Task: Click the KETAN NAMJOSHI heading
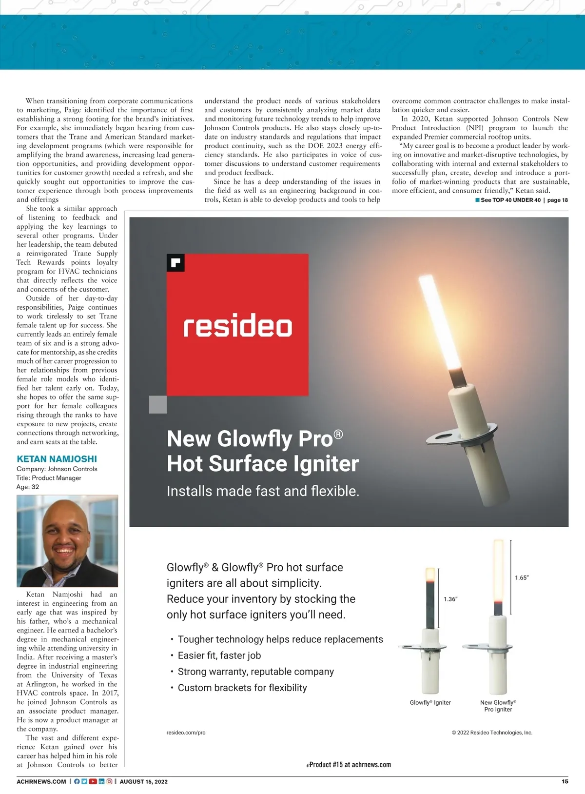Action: pyautogui.click(x=57, y=459)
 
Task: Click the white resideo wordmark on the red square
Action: pyautogui.click(x=237, y=327)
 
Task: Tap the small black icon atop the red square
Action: pyautogui.click(x=175, y=262)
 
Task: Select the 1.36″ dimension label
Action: pyautogui.click(x=450, y=599)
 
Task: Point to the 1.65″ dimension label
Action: pyautogui.click(x=522, y=577)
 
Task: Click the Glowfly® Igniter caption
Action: pyautogui.click(x=430, y=702)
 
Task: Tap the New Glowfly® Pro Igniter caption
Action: pyautogui.click(x=498, y=706)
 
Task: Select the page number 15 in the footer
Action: pyautogui.click(x=565, y=781)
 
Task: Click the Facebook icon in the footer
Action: pyautogui.click(x=77, y=781)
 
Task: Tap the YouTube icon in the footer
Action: pyautogui.click(x=93, y=781)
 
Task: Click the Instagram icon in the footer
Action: pyautogui.click(x=109, y=781)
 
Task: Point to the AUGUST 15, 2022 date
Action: pyautogui.click(x=143, y=781)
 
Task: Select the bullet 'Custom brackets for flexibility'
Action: pyautogui.click(x=242, y=688)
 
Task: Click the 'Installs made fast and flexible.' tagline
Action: pyautogui.click(x=263, y=491)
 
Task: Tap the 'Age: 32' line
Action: pyautogui.click(x=28, y=487)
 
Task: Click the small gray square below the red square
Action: pyautogui.click(x=158, y=404)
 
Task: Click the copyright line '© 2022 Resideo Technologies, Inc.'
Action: pyautogui.click(x=492, y=733)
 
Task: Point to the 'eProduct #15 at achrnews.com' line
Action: pyautogui.click(x=349, y=765)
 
